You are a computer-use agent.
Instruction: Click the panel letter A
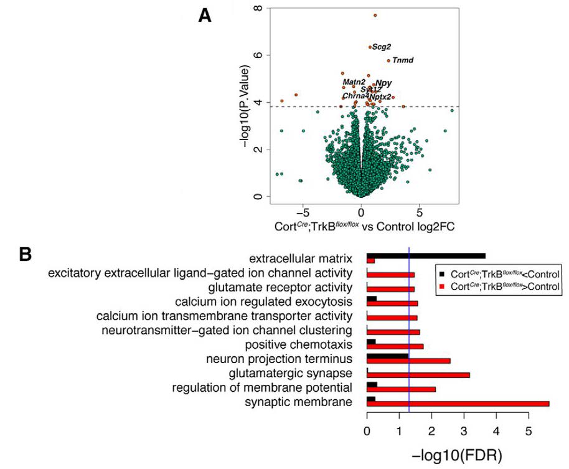tap(204, 16)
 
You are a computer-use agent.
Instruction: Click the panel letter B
tap(26, 254)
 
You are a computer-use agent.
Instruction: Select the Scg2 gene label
tap(381, 47)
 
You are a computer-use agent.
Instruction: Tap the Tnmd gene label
tap(403, 60)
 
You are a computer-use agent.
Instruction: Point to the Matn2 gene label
tap(354, 82)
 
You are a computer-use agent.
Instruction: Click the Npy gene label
tap(383, 83)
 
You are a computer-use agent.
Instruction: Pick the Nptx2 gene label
tap(380, 97)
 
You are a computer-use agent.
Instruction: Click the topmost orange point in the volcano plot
tap(375, 15)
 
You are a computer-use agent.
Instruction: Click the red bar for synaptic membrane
tap(458, 404)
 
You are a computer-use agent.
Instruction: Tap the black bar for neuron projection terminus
tap(387, 357)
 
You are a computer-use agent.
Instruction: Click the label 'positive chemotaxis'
tap(299, 344)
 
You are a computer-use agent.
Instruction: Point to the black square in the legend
tap(442, 273)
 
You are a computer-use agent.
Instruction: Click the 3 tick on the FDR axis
tap(464, 430)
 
